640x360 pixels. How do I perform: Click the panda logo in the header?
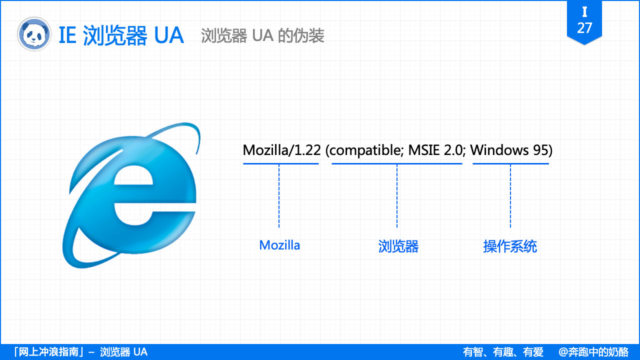tap(34, 34)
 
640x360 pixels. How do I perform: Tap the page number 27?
tap(584, 28)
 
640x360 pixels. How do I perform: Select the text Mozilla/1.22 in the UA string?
tap(281, 150)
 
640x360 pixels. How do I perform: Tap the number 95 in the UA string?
tap(542, 150)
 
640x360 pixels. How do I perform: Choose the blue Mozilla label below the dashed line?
tap(279, 245)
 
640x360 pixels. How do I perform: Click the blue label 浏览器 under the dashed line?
tap(398, 246)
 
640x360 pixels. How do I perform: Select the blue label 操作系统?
tap(510, 246)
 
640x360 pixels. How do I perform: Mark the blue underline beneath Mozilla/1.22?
tap(281, 163)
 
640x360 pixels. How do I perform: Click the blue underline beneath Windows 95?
tap(510, 163)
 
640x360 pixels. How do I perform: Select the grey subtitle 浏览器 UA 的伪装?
tap(262, 35)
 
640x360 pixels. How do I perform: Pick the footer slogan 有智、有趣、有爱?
tap(503, 352)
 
